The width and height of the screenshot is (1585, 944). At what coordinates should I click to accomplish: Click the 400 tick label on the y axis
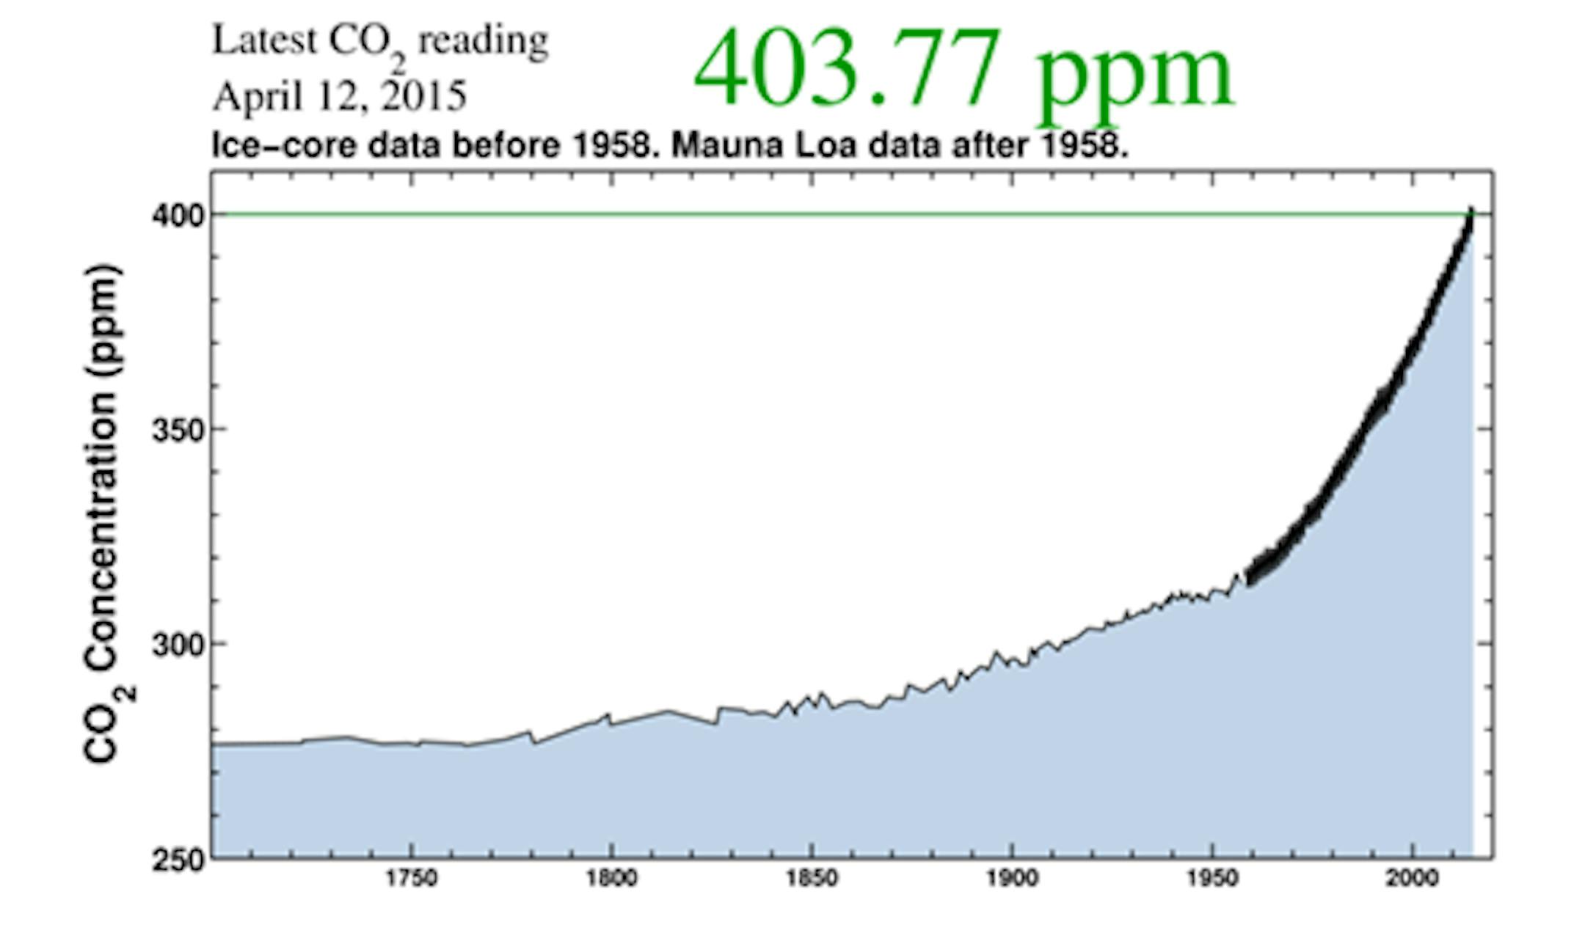pyautogui.click(x=175, y=216)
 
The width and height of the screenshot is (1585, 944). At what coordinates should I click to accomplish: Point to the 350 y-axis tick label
pyautogui.click(x=175, y=430)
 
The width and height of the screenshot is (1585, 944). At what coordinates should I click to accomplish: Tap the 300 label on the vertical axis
pyautogui.click(x=175, y=645)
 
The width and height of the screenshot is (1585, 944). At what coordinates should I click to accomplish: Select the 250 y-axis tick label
pyautogui.click(x=175, y=859)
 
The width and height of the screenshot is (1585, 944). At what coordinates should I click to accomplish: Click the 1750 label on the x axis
pyautogui.click(x=412, y=878)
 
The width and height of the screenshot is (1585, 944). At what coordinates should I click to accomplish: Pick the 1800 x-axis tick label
pyautogui.click(x=611, y=878)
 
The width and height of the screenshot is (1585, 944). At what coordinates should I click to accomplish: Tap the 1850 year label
pyautogui.click(x=812, y=878)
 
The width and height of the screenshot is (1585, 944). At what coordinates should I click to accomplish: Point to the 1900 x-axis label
pyautogui.click(x=1012, y=878)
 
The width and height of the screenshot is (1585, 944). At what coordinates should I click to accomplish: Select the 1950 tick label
pyautogui.click(x=1212, y=878)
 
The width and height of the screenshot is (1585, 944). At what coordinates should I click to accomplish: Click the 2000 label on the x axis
pyautogui.click(x=1412, y=878)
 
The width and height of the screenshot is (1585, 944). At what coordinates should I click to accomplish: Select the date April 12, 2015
pyautogui.click(x=339, y=96)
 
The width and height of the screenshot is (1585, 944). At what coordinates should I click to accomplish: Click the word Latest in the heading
pyautogui.click(x=264, y=40)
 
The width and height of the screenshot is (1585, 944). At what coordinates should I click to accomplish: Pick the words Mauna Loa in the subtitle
pyautogui.click(x=764, y=145)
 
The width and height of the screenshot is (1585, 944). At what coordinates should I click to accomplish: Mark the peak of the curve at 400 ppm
pyautogui.click(x=1471, y=213)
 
